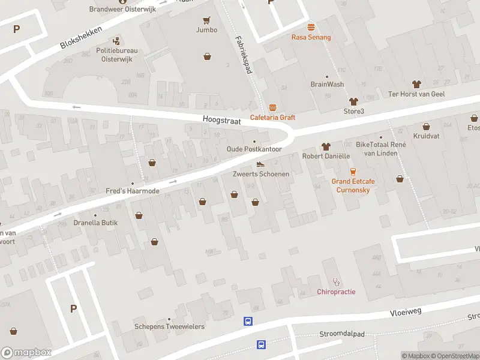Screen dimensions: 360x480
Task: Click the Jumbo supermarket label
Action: click(206, 30)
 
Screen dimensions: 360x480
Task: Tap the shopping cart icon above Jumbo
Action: click(207, 20)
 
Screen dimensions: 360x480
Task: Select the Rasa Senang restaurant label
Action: click(311, 37)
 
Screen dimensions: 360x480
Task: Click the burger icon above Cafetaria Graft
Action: click(273, 108)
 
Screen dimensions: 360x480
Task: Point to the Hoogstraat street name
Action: click(221, 121)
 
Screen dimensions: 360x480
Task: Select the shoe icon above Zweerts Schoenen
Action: click(260, 164)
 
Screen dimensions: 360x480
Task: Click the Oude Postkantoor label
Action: click(254, 149)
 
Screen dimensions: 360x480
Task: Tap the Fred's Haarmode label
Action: click(132, 191)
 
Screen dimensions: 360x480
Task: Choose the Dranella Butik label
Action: click(96, 223)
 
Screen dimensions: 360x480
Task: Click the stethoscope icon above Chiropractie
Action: click(336, 281)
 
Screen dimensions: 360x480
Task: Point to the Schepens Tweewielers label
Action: click(169, 326)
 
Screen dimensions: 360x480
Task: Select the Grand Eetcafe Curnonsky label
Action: click(351, 185)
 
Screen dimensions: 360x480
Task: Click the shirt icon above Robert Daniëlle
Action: click(326, 146)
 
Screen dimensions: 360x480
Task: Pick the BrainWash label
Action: click(327, 84)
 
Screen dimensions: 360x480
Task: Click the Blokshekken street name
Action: click(81, 37)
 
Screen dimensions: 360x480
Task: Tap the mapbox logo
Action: click(26, 352)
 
